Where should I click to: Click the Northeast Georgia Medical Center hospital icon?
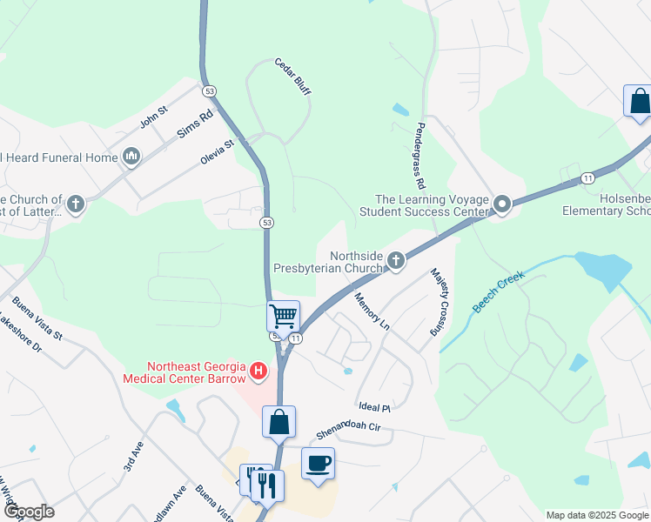pos(258,371)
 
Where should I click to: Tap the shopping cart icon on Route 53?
pos(283,316)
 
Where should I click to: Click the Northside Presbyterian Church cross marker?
pos(396,260)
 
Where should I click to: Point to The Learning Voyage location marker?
pos(501,205)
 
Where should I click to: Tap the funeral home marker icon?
pos(131,157)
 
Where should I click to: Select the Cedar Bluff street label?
pos(292,77)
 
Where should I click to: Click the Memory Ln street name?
pos(372,311)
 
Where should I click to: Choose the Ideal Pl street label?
pos(374,406)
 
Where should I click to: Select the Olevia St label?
pos(218,150)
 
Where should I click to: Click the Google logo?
pos(28,512)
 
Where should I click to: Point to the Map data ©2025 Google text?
pos(596,515)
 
